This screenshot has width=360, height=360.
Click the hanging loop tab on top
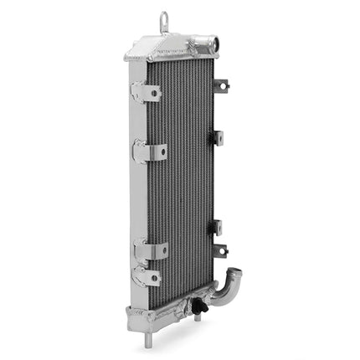point(165,18)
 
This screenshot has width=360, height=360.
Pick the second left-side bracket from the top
point(150,152)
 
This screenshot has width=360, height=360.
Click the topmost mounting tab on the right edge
point(221,85)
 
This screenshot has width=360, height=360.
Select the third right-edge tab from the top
point(219,226)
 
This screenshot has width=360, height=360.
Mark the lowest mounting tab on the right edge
point(221,249)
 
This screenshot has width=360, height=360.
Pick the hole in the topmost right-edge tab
point(224,85)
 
